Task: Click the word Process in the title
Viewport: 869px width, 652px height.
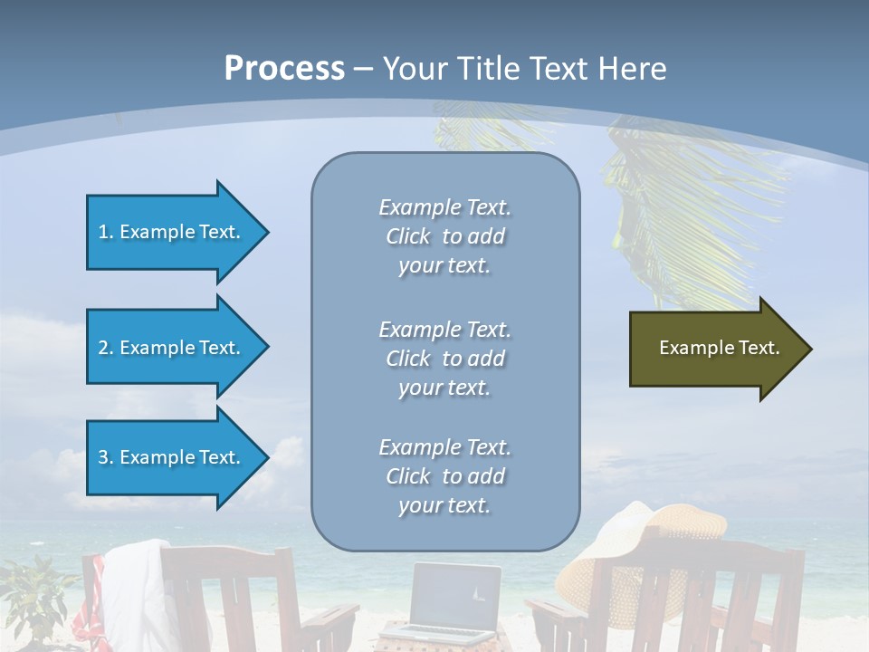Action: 284,69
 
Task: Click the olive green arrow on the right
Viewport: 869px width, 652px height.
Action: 715,349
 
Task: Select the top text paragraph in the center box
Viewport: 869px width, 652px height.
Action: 444,236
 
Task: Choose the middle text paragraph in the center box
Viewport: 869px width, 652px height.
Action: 444,359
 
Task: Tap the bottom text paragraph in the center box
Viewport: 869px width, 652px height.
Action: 444,476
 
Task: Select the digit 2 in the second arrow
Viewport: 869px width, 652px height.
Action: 103,348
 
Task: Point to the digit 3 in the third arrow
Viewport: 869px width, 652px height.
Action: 103,457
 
